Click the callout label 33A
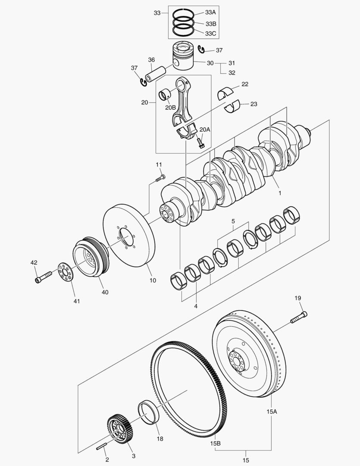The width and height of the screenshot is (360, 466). (210, 13)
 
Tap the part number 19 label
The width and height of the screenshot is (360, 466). (297, 298)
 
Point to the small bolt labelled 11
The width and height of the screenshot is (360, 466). (160, 177)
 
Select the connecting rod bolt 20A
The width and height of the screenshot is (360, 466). (200, 142)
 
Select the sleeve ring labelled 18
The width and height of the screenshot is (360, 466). (148, 413)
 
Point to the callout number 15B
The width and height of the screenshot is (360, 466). (216, 444)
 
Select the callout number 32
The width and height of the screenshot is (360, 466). (232, 72)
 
